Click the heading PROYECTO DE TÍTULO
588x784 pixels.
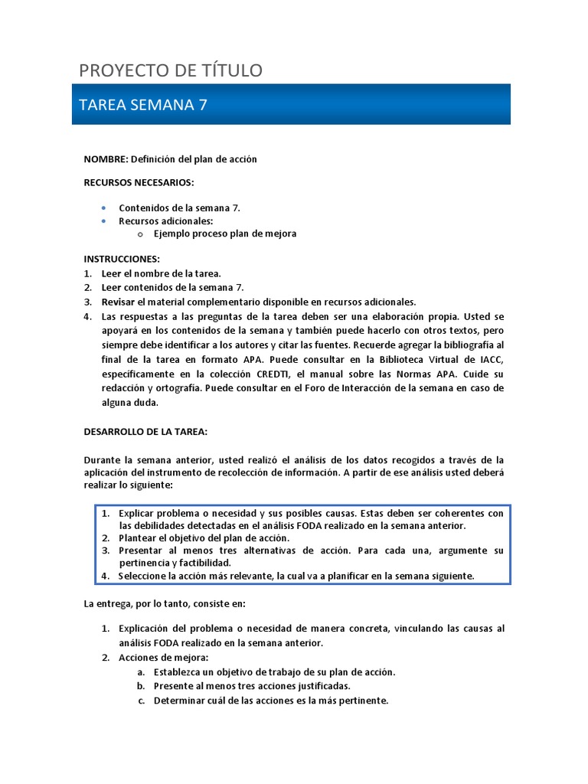tap(171, 70)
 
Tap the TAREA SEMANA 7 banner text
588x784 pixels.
tap(142, 105)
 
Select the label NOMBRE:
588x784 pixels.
tap(106, 159)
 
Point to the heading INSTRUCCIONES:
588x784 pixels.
tap(122, 260)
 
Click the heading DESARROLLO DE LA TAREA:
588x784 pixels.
tap(145, 432)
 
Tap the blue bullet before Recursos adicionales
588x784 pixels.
tap(103, 221)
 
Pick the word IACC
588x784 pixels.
tap(492, 360)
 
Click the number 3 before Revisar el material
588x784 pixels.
tap(87, 302)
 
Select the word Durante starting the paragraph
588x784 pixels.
tap(103, 460)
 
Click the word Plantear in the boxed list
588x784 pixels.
tap(139, 538)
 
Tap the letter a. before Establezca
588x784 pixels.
tap(141, 672)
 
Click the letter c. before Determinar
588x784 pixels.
tap(141, 701)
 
